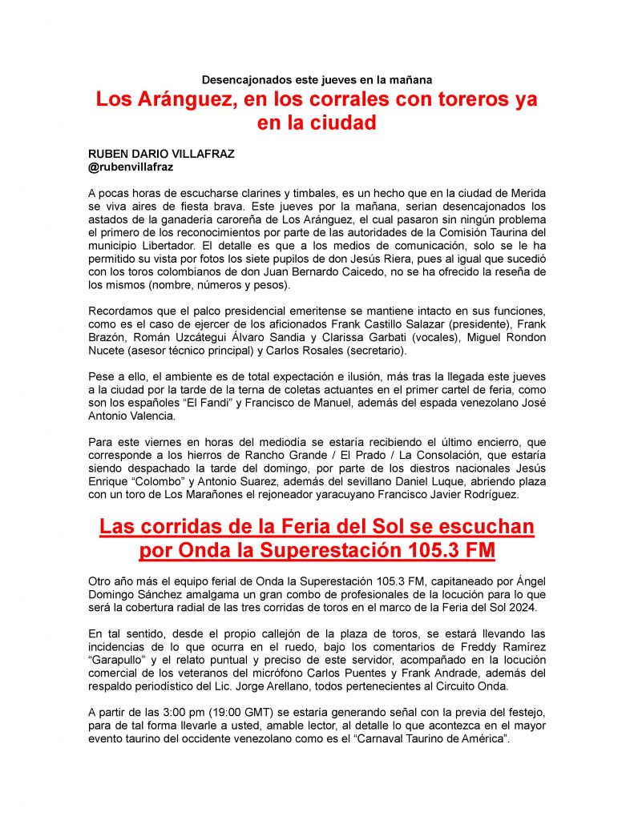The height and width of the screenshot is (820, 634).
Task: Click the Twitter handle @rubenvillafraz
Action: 131,167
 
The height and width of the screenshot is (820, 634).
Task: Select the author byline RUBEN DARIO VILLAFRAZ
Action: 161,155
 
